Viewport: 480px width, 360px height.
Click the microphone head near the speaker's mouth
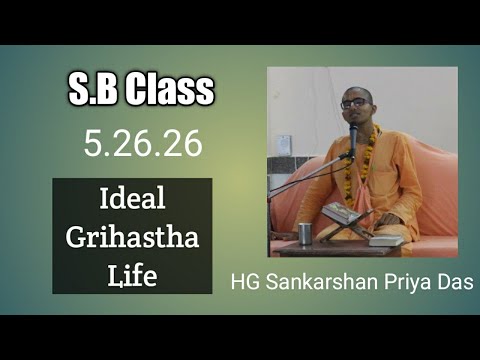(x=352, y=131)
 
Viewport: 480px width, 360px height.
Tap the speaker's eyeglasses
(x=354, y=103)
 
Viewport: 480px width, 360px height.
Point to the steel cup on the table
(x=305, y=233)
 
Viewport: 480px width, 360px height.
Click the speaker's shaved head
(x=356, y=90)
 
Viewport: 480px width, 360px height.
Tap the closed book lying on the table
(x=386, y=240)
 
